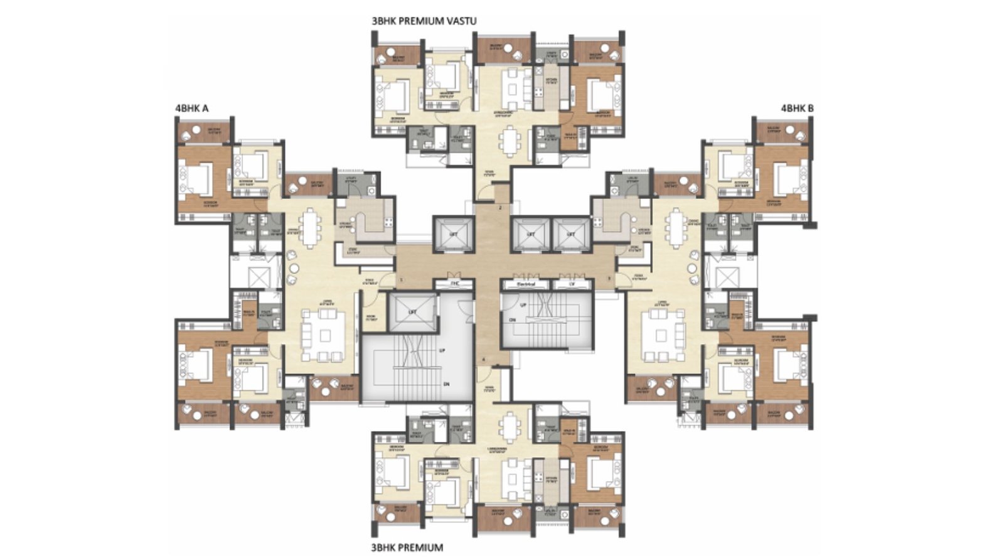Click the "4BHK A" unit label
[x=192, y=108]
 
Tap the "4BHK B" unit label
[x=796, y=108]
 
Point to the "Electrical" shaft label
[x=526, y=284]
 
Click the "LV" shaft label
[x=571, y=284]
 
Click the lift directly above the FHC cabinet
[x=454, y=234]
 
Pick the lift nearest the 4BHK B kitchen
[x=571, y=234]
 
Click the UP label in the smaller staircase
[x=523, y=304]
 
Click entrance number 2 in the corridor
[x=500, y=207]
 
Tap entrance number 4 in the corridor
[x=484, y=358]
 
